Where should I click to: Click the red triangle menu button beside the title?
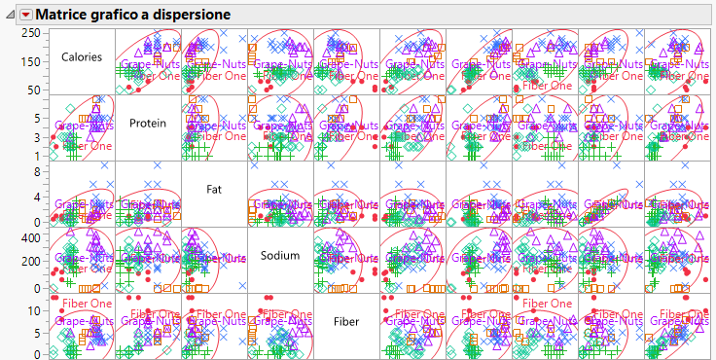tap(26, 15)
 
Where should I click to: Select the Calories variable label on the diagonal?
tap(82, 57)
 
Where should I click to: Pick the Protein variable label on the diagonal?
tap(148, 124)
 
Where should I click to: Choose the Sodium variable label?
tap(280, 255)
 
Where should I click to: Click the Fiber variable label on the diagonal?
tap(346, 320)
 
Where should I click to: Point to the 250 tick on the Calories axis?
tap(30, 33)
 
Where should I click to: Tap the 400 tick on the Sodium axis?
tap(30, 237)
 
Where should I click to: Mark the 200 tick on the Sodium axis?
tap(30, 263)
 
